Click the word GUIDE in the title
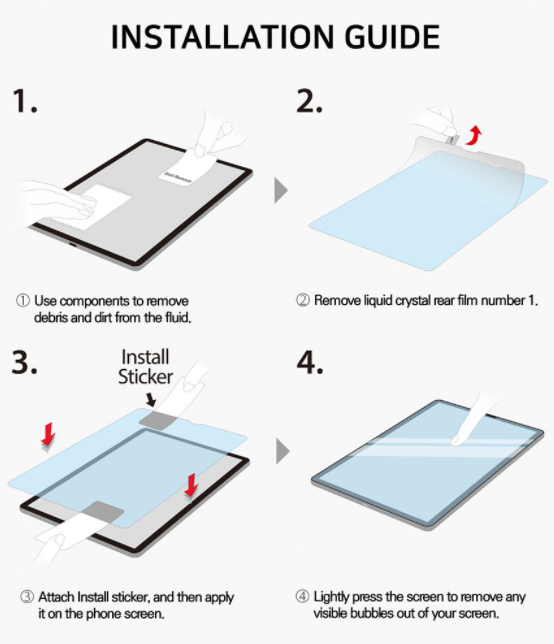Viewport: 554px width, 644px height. click(392, 37)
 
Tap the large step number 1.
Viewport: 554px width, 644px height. click(25, 101)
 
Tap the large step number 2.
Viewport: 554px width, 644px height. click(309, 101)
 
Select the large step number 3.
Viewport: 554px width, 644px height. click(25, 362)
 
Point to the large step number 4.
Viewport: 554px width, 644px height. click(310, 362)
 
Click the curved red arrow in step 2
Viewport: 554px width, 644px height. click(474, 135)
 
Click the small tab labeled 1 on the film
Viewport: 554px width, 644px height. click(451, 140)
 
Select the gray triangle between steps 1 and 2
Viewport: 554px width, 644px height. click(281, 190)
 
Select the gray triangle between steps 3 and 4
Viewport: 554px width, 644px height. click(283, 451)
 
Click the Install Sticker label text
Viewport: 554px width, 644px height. click(145, 367)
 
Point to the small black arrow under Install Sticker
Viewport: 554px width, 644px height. click(151, 399)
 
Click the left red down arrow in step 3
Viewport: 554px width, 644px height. click(48, 435)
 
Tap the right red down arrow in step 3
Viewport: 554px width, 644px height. click(191, 485)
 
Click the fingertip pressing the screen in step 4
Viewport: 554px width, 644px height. click(457, 439)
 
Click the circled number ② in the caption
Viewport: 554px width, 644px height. click(302, 301)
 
